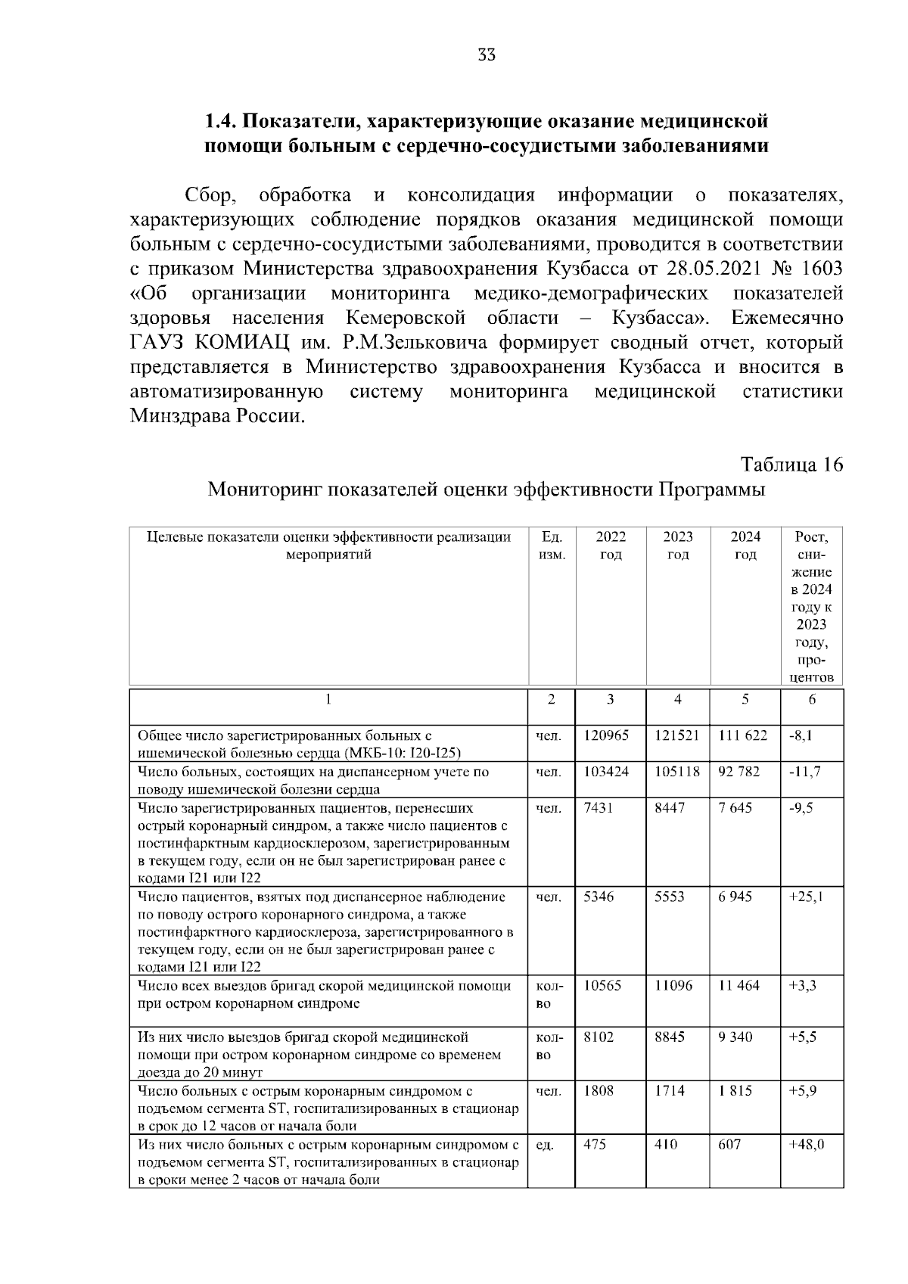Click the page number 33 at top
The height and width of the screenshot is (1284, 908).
click(487, 54)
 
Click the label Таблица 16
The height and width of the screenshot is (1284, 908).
click(791, 464)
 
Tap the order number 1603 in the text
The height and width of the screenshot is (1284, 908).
click(821, 269)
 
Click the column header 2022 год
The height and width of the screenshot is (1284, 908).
click(611, 546)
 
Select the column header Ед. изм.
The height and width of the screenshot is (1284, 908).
click(552, 546)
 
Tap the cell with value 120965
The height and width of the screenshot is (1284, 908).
click(606, 735)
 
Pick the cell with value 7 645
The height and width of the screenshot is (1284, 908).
click(735, 808)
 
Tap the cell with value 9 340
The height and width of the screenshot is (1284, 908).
click(735, 1037)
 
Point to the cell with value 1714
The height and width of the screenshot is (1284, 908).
click(669, 1091)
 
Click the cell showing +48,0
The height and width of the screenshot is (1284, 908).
click(806, 1145)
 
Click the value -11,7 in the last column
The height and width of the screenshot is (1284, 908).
click(804, 772)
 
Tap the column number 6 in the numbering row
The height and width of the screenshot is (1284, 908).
click(812, 700)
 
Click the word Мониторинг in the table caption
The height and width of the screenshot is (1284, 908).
click(264, 490)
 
